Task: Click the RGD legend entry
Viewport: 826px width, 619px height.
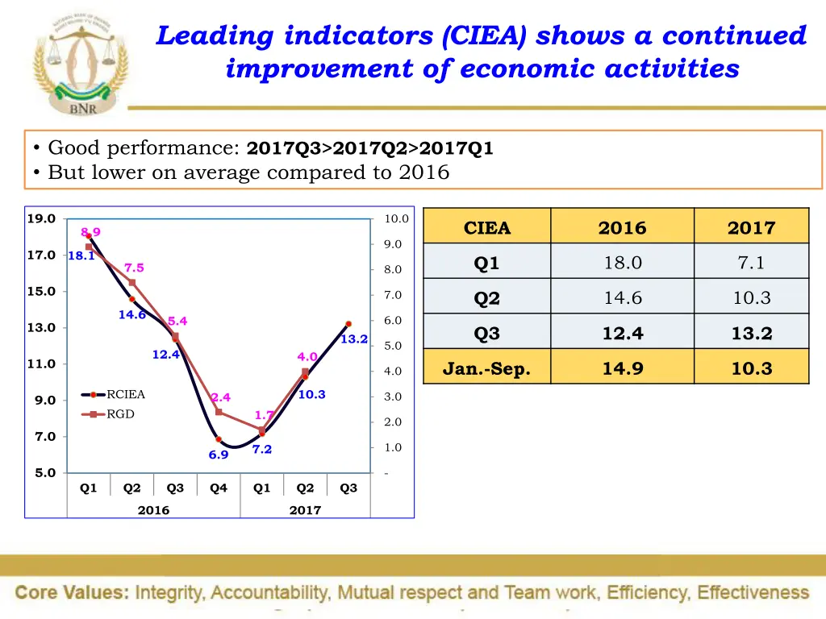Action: point(120,414)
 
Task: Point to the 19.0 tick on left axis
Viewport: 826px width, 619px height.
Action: point(41,218)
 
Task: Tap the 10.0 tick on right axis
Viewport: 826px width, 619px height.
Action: point(396,218)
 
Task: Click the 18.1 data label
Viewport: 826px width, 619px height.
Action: point(81,256)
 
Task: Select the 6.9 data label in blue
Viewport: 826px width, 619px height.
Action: point(219,455)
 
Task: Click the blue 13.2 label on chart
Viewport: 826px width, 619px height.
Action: point(353,339)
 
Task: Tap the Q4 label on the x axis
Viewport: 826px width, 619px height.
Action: point(219,488)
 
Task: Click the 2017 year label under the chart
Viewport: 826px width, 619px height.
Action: point(305,510)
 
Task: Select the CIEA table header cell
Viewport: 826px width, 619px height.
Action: point(487,228)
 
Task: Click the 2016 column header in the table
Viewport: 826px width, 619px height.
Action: point(622,228)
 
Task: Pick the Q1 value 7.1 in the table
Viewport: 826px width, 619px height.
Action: point(751,263)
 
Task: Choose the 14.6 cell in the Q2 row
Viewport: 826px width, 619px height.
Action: point(622,298)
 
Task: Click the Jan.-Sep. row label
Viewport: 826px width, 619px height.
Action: point(487,369)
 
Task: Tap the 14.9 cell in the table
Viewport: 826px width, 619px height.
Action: point(622,369)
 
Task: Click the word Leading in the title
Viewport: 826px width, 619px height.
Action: point(216,36)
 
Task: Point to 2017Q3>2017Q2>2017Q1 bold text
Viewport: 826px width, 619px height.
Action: point(370,148)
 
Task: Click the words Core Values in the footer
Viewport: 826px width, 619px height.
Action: point(72,592)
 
